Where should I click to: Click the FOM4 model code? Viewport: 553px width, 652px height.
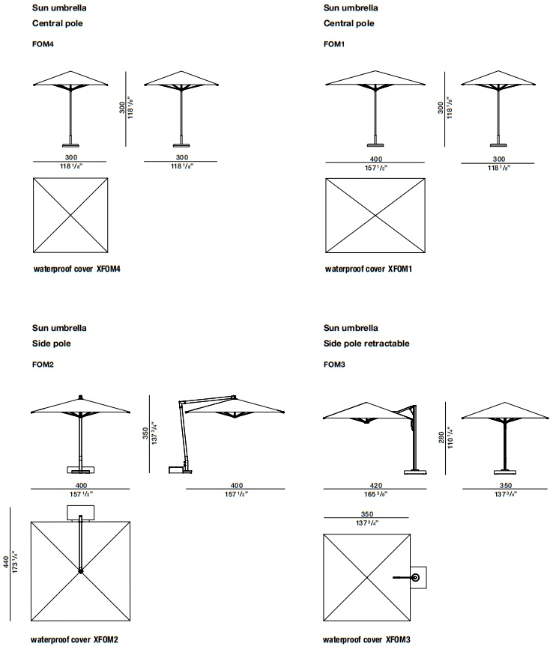(43, 44)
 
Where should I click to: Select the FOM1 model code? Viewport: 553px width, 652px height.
(334, 44)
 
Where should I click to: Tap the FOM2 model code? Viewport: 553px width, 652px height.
(43, 365)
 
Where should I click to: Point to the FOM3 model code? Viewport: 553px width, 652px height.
(334, 365)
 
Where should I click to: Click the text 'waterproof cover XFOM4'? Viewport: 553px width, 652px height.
(77, 269)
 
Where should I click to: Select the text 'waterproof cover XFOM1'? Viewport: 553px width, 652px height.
(368, 269)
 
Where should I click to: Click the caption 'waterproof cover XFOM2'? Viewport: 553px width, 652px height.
(74, 639)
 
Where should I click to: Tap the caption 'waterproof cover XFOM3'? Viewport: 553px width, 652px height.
(366, 639)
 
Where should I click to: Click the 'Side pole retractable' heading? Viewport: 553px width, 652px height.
(366, 344)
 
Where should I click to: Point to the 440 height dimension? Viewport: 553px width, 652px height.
(6, 562)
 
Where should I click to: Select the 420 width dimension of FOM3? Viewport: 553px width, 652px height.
(375, 485)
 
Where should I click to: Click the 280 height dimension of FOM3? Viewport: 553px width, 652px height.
(441, 437)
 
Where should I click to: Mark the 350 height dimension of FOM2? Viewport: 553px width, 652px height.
(145, 433)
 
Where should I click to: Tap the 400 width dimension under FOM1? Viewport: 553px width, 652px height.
(375, 159)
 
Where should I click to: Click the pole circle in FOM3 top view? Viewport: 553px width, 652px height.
(415, 578)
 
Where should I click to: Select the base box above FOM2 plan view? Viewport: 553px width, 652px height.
(81, 513)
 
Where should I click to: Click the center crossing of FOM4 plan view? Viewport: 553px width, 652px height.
(70, 216)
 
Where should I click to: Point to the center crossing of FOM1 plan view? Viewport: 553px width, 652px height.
(375, 216)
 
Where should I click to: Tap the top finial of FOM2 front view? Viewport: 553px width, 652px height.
(80, 397)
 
